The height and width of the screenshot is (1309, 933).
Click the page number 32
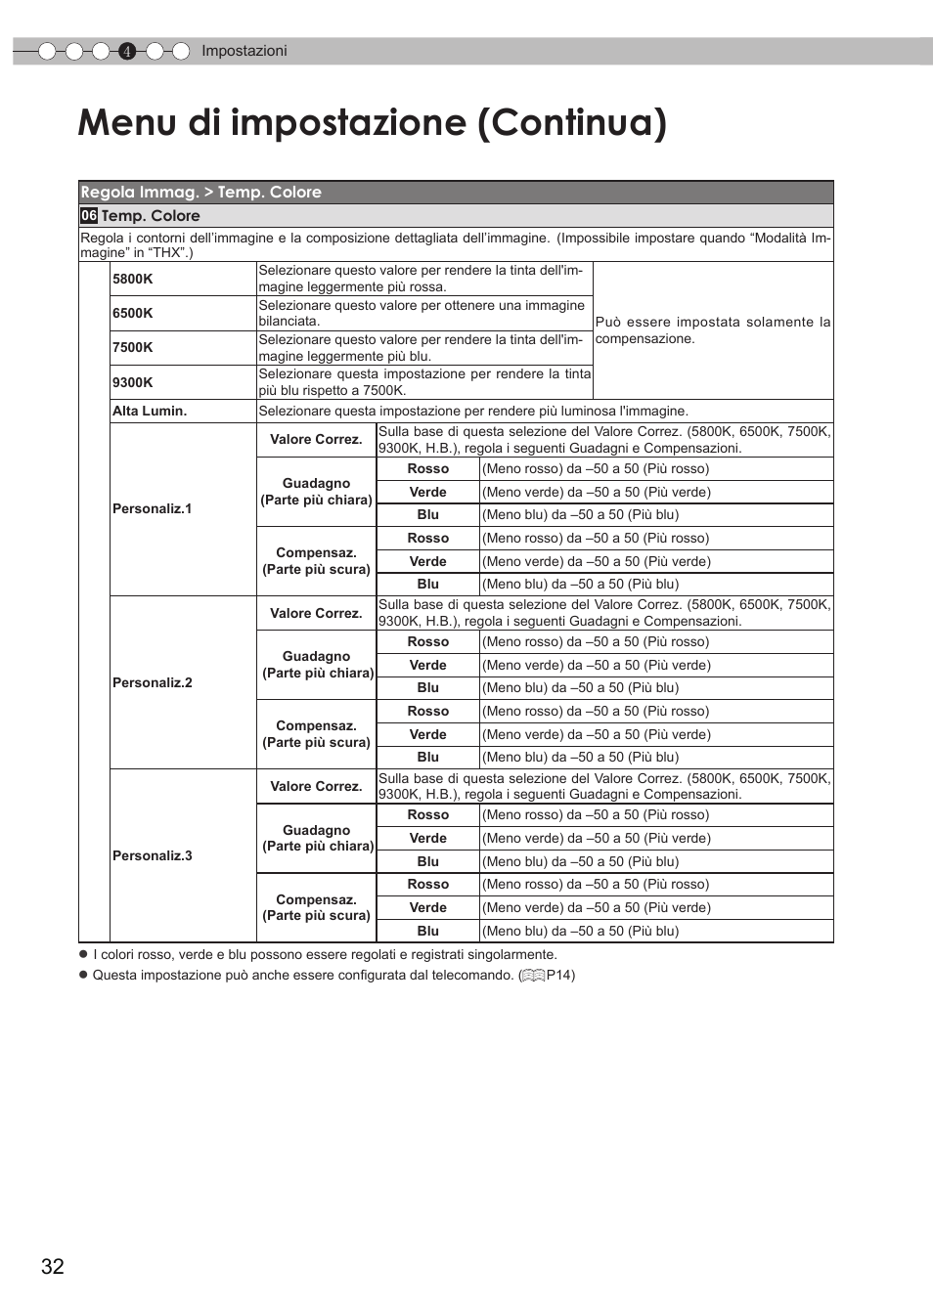[53, 1266]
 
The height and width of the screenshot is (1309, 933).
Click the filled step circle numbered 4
[126, 52]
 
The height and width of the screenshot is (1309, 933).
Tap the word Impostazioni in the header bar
[244, 51]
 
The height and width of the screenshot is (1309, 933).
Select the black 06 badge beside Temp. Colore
[89, 216]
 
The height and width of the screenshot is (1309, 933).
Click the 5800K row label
[133, 279]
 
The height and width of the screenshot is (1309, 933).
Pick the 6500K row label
[133, 313]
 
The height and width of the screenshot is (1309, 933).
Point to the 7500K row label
[133, 347]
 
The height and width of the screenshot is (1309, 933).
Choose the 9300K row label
[133, 382]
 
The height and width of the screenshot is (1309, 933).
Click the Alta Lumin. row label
[150, 411]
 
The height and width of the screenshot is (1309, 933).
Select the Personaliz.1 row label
[153, 508]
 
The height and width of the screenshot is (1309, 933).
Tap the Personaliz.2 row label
[153, 682]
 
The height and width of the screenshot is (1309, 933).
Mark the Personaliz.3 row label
[153, 855]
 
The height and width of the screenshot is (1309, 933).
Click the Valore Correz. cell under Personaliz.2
[316, 613]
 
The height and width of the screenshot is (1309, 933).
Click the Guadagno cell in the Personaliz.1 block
[316, 492]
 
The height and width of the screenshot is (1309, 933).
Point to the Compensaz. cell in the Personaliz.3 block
[316, 907]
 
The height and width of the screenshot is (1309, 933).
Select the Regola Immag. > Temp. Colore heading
[201, 193]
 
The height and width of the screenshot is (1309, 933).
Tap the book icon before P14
[533, 975]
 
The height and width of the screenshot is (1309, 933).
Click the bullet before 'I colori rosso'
[83, 954]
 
